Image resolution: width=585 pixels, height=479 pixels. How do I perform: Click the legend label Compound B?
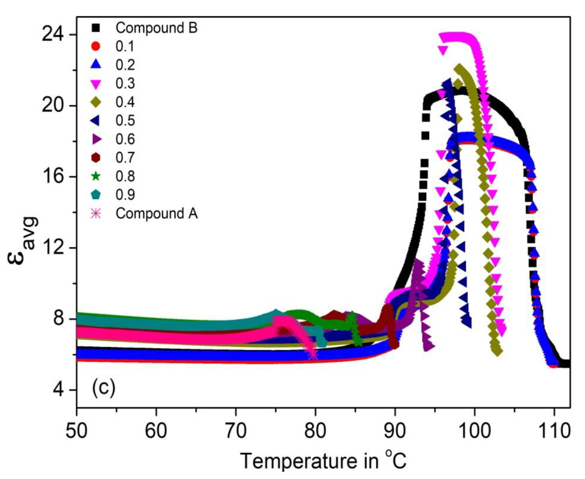pyautogui.click(x=156, y=28)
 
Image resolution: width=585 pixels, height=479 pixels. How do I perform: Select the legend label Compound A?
pyautogui.click(x=156, y=213)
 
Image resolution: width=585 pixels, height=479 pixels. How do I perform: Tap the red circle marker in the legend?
pyautogui.click(x=96, y=46)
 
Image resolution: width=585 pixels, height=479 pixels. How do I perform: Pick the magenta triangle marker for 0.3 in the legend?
pyautogui.click(x=96, y=84)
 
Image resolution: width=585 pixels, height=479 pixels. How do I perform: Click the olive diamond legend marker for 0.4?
pyautogui.click(x=96, y=102)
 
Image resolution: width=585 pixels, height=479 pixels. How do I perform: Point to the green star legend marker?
pyautogui.click(x=96, y=176)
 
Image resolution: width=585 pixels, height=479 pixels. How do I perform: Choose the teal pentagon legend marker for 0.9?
pyautogui.click(x=96, y=194)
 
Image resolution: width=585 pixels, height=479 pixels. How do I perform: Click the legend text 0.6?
pyautogui.click(x=125, y=139)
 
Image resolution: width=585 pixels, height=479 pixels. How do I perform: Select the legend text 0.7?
pyautogui.click(x=125, y=158)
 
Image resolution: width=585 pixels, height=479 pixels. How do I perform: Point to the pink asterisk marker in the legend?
pyautogui.click(x=96, y=213)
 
